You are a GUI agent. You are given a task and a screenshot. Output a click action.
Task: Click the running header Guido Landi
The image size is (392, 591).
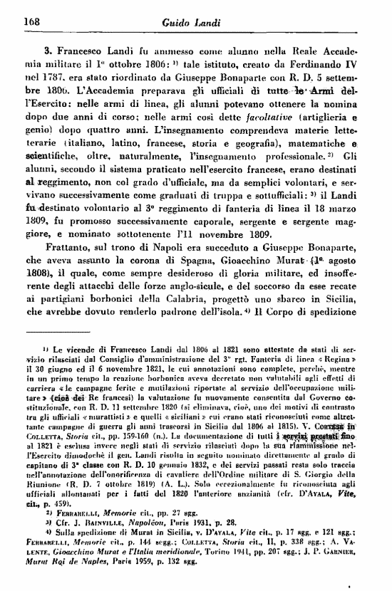(x=202, y=21)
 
